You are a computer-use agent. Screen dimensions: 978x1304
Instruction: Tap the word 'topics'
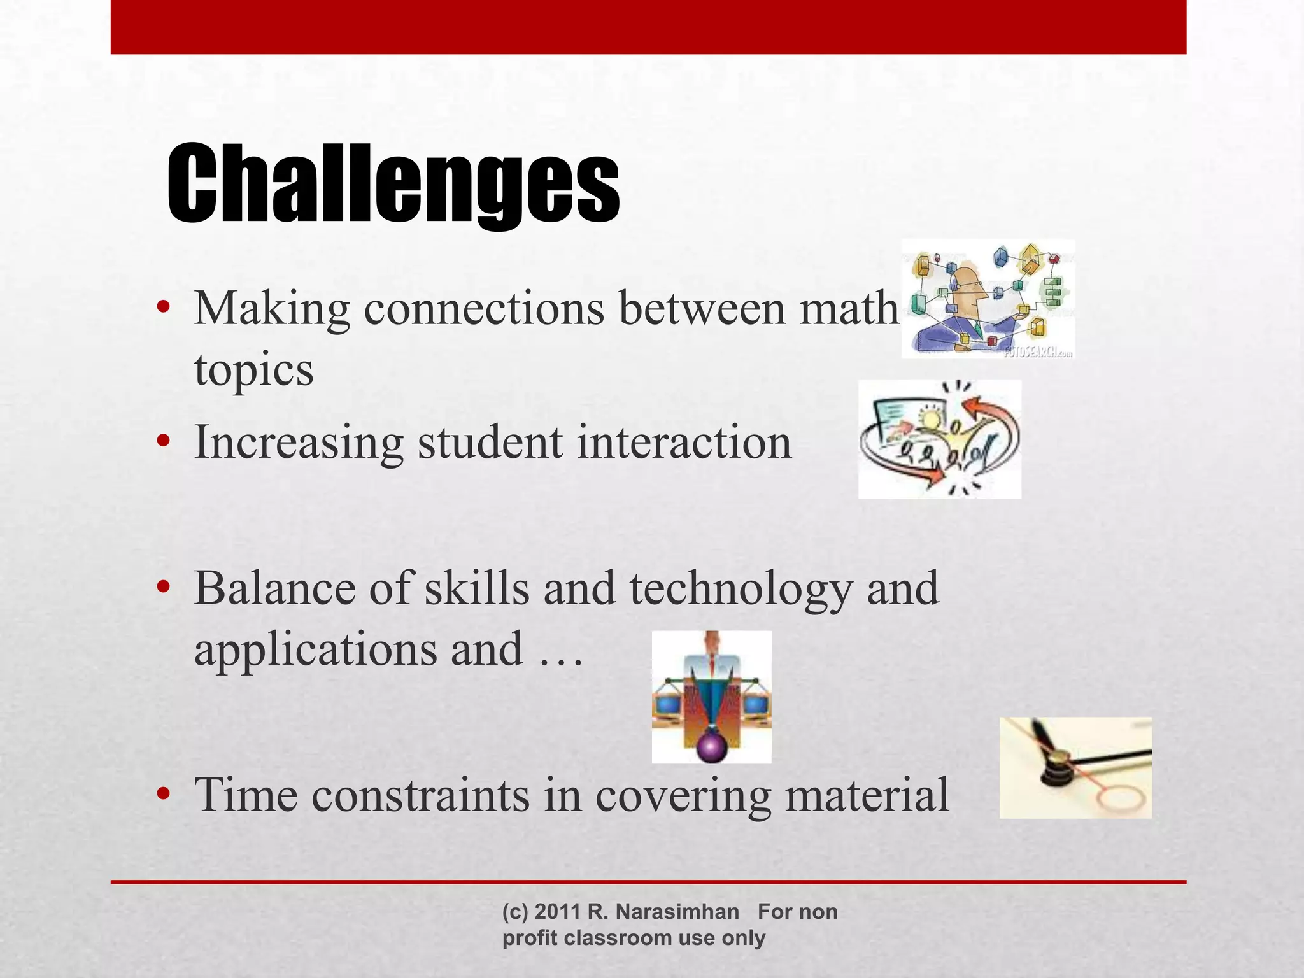(253, 370)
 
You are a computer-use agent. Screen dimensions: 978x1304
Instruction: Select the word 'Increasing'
(299, 443)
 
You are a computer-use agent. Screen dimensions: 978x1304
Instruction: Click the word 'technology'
(741, 589)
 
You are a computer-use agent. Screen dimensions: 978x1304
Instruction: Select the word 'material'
(867, 795)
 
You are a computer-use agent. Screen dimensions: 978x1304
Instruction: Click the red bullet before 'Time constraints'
(164, 794)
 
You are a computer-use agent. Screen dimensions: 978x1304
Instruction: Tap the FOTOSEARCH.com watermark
(1038, 351)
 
